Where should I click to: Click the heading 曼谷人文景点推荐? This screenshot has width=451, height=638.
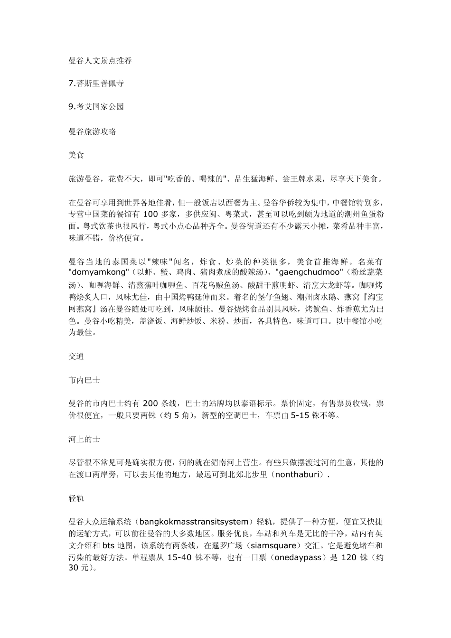pyautogui.click(x=100, y=61)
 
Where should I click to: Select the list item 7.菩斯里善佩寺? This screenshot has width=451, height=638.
pyautogui.click(x=96, y=84)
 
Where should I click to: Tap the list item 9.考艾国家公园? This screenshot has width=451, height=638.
pyautogui.click(x=96, y=106)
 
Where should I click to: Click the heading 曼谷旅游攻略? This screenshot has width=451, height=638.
pyautogui.click(x=93, y=131)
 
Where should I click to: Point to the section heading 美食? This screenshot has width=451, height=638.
pyautogui.click(x=76, y=155)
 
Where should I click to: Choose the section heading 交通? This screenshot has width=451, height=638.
pyautogui.click(x=76, y=356)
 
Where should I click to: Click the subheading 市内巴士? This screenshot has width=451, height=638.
pyautogui.click(x=85, y=380)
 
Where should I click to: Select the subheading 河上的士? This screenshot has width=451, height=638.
pyautogui.click(x=85, y=439)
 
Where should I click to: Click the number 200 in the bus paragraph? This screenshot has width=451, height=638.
pyautogui.click(x=150, y=404)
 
